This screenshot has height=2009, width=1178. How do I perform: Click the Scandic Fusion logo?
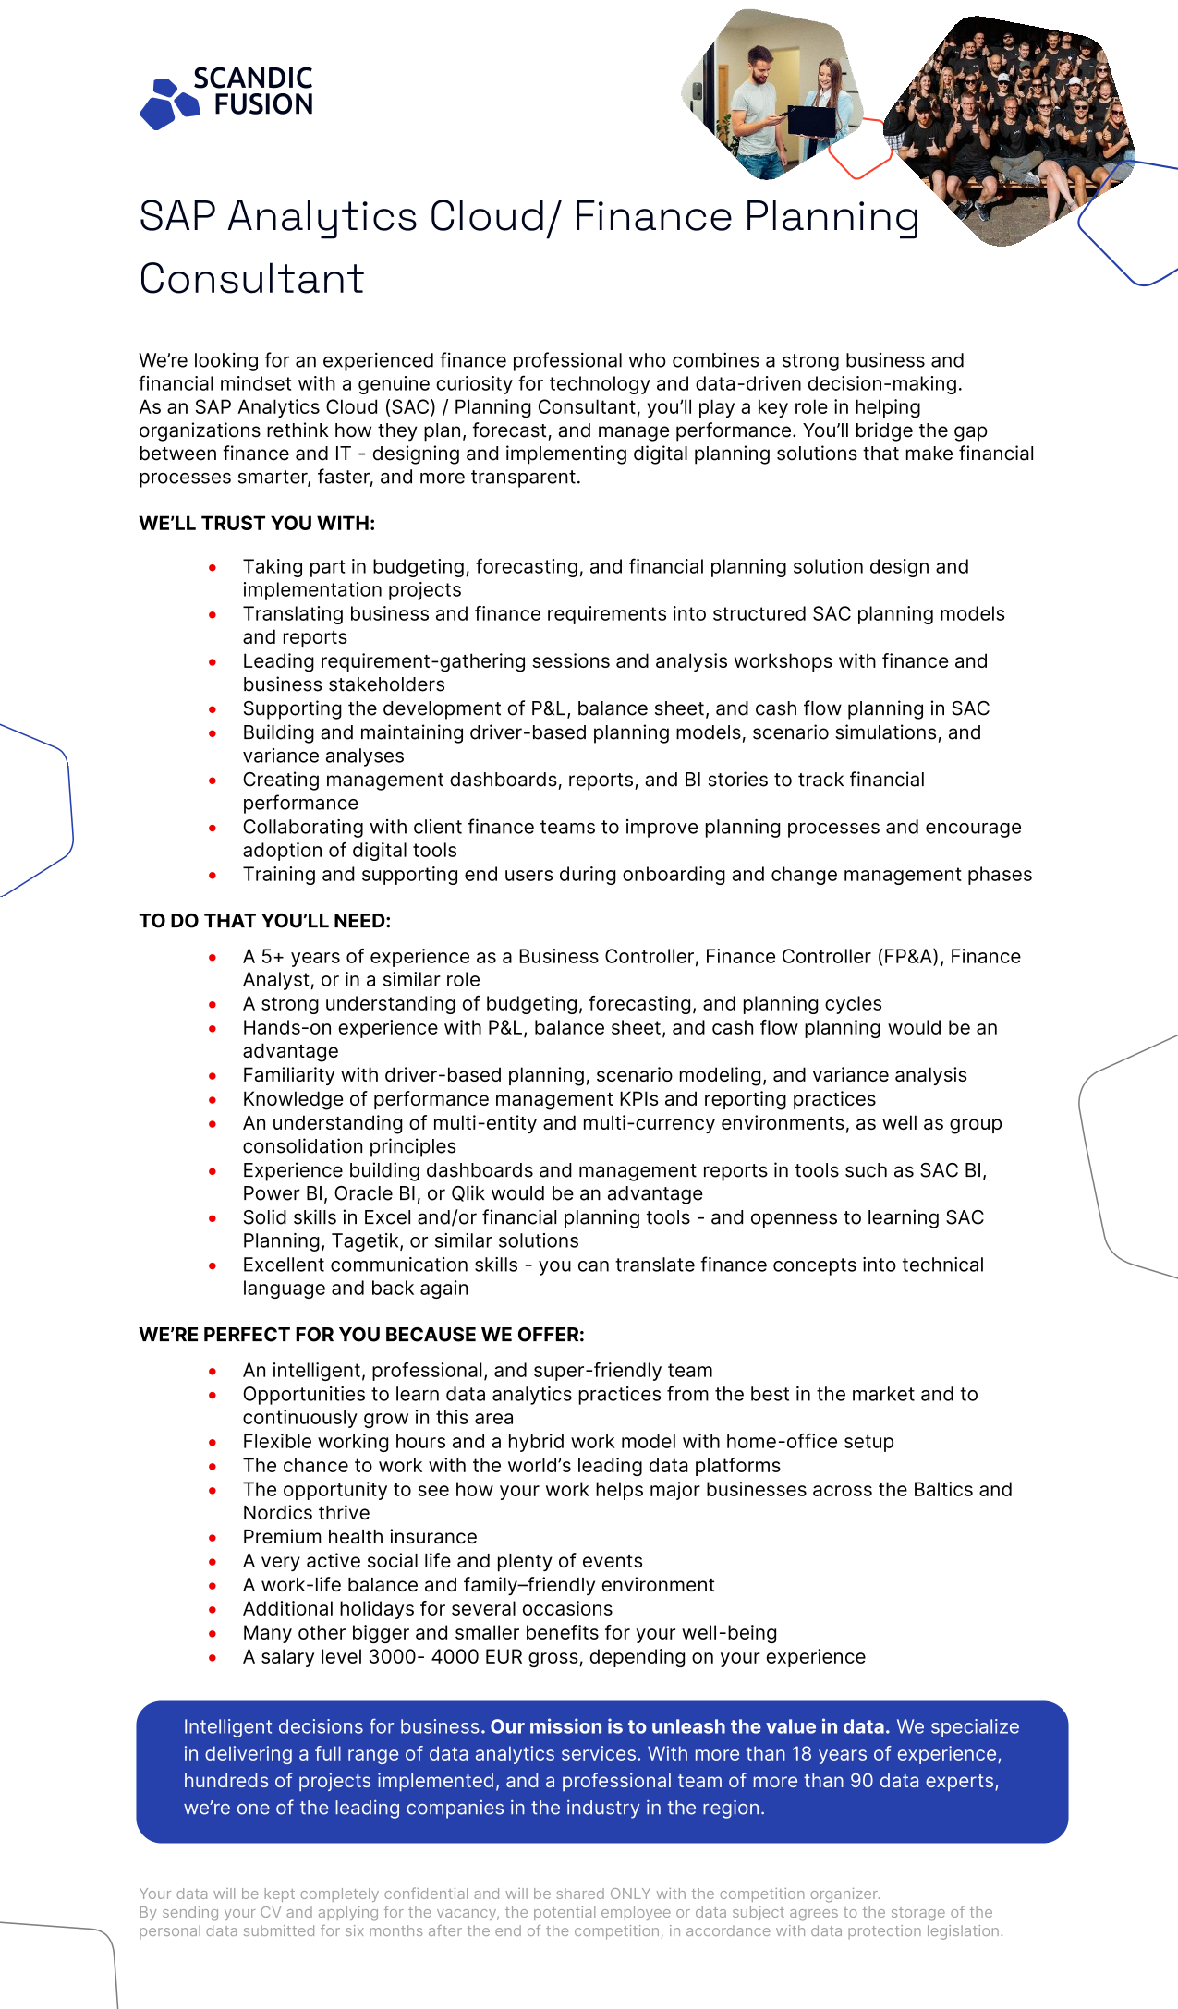click(x=226, y=96)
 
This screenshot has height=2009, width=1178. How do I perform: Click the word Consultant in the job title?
click(x=252, y=279)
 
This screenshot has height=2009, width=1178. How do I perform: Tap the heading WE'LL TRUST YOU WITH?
click(x=257, y=524)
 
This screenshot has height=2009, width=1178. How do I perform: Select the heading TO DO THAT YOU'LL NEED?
click(x=264, y=921)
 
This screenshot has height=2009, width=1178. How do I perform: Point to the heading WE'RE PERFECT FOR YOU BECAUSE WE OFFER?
click(x=361, y=1335)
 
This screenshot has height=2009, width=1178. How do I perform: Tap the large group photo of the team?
click(x=1012, y=125)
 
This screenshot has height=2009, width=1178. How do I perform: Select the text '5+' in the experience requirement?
click(x=273, y=957)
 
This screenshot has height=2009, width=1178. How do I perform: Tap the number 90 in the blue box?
click(x=861, y=1781)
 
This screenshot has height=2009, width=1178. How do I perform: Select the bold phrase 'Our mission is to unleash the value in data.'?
click(x=689, y=1727)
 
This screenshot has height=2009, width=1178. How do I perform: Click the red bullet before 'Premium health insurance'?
click(x=213, y=1538)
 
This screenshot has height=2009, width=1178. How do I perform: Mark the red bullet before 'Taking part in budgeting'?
click(x=213, y=567)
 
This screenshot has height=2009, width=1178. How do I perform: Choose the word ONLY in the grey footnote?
click(x=627, y=1894)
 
